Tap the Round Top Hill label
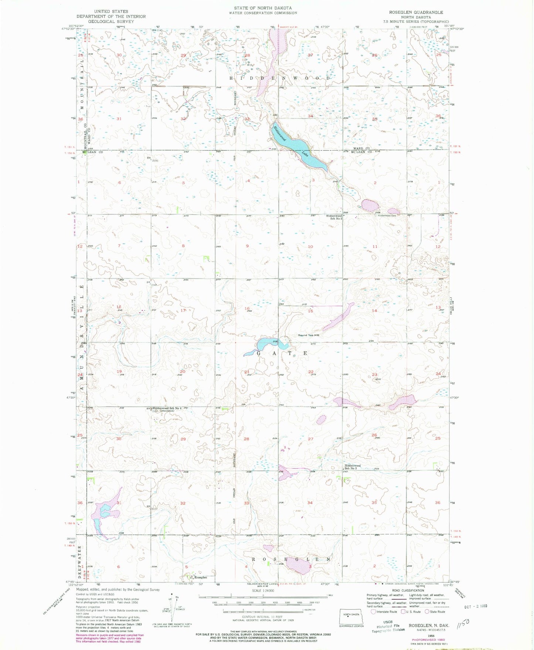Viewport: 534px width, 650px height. pyautogui.click(x=309, y=335)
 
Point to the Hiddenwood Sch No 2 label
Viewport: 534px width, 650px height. pyautogui.click(x=334, y=217)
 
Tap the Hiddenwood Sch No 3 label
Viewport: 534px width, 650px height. pyautogui.click(x=353, y=467)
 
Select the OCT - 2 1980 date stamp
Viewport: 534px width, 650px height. pyautogui.click(x=475, y=606)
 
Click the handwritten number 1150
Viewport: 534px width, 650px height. pyautogui.click(x=463, y=623)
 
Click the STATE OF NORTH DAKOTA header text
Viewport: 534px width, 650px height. pyautogui.click(x=263, y=8)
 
